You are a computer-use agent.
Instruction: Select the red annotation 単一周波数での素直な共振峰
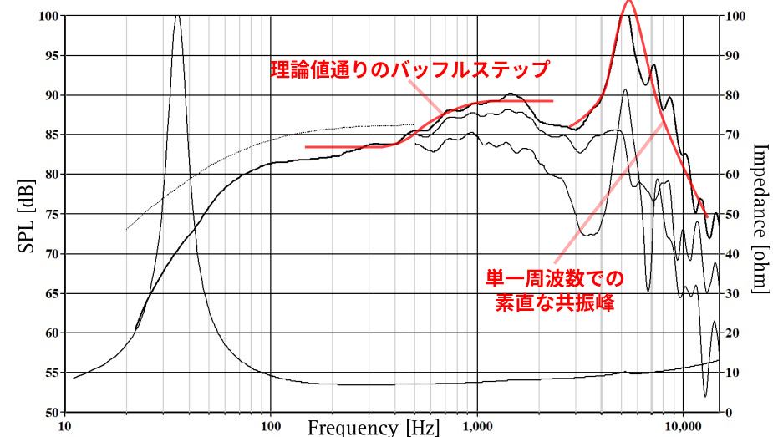(555, 289)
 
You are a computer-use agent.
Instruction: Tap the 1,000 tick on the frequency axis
(477, 424)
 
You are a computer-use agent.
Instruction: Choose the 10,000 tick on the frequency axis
(684, 424)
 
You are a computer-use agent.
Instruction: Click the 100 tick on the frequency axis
(271, 424)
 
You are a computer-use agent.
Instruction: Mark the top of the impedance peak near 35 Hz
(176, 16)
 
